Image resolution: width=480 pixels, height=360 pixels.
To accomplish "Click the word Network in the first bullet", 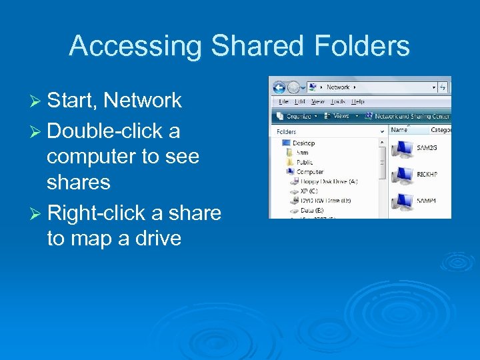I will tap(143, 101).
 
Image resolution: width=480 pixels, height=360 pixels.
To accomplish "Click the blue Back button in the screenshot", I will tap(279, 87).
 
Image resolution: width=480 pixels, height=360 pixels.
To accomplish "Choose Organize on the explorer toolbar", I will tap(297, 115).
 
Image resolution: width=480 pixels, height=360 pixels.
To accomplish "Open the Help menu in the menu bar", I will tap(358, 102).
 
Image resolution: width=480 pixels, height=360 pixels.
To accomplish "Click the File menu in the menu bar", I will tap(283, 102).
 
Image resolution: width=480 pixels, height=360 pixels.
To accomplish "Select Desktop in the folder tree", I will tap(303, 143).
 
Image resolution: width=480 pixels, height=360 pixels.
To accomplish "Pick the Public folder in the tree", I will tap(305, 162).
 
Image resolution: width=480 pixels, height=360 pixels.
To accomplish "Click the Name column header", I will tap(399, 131).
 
